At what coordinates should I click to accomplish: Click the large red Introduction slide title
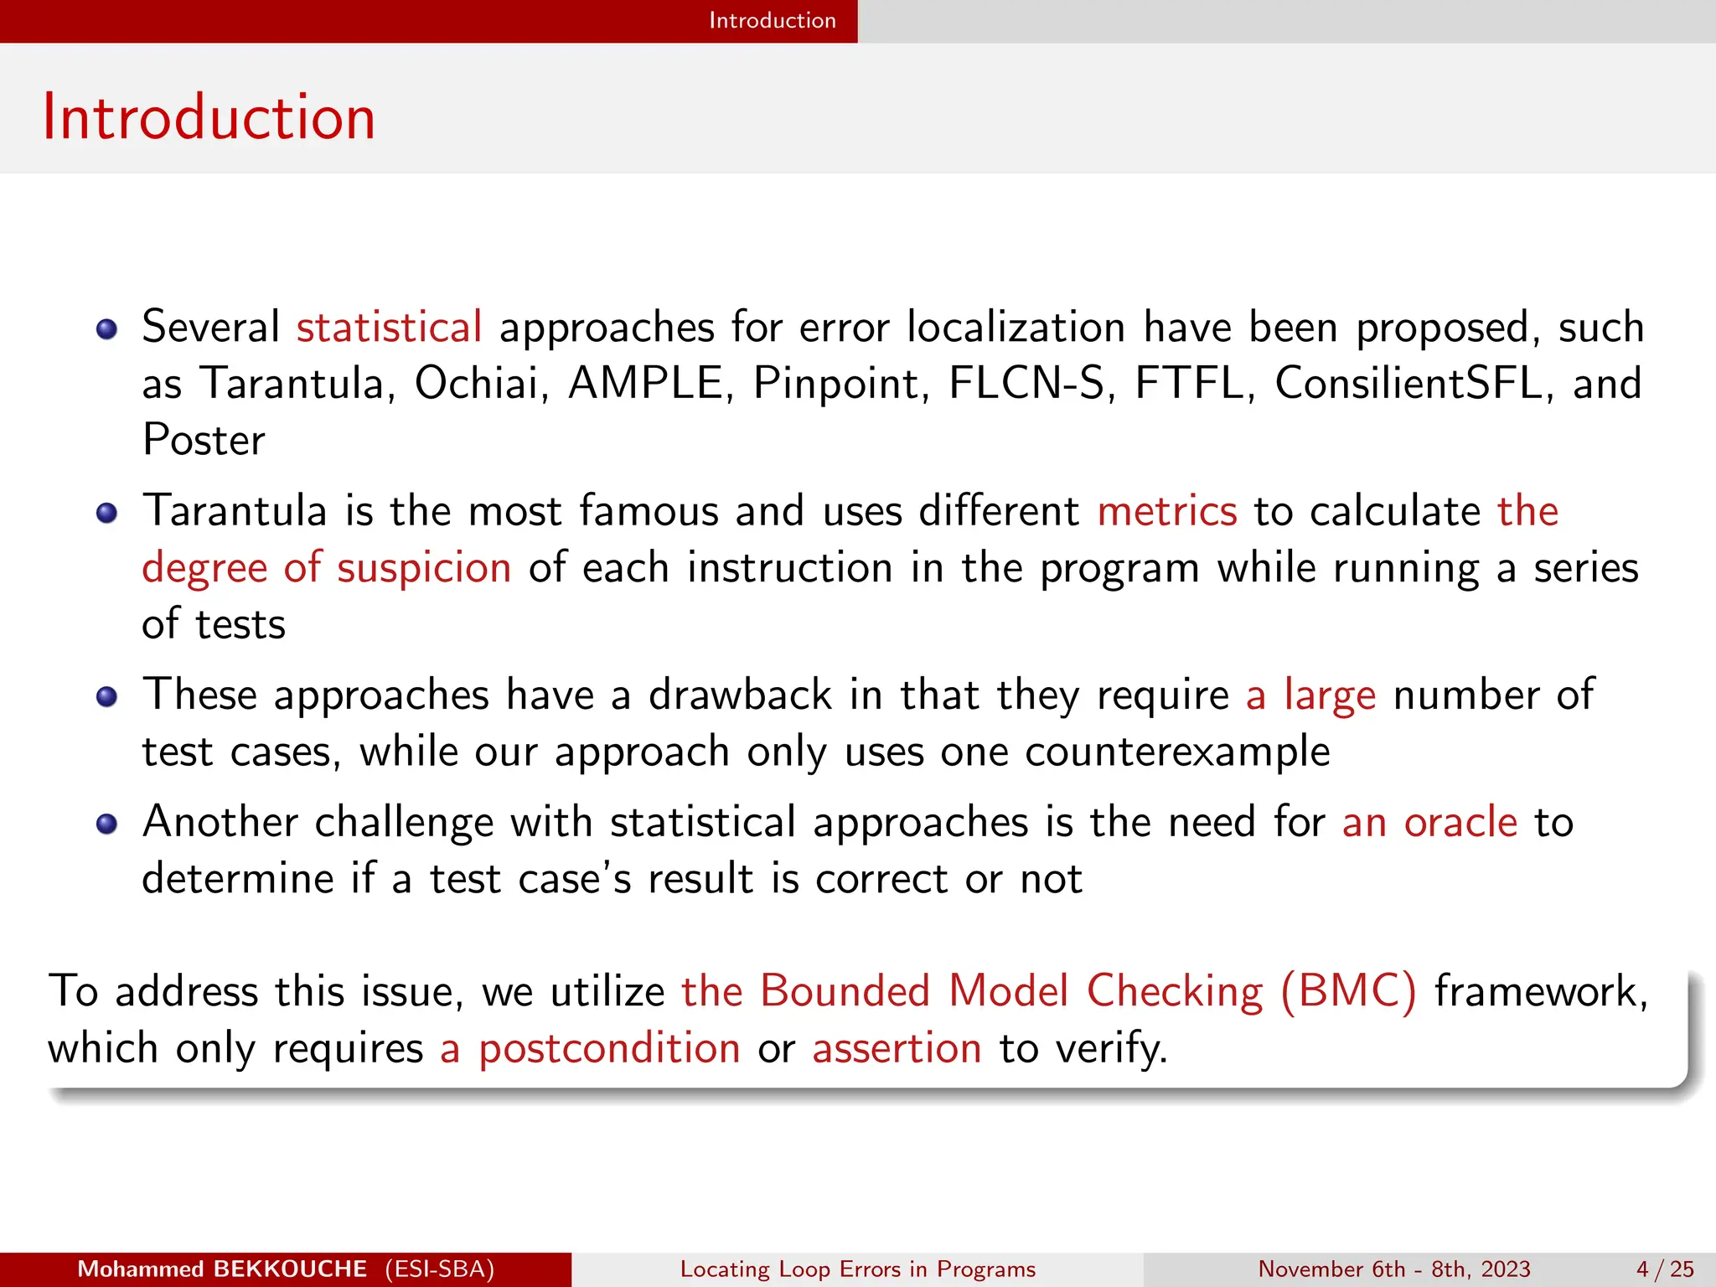click(209, 117)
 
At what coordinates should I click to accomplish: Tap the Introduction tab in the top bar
click(772, 20)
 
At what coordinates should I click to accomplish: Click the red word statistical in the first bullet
click(389, 327)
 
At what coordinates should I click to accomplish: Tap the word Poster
click(204, 441)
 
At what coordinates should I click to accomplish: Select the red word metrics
click(1167, 511)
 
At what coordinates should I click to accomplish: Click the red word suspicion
click(424, 568)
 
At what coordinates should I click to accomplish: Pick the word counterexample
click(1177, 752)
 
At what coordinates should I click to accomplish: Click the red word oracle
click(1460, 822)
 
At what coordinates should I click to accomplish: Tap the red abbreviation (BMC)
click(1348, 991)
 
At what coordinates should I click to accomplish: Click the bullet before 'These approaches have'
click(106, 697)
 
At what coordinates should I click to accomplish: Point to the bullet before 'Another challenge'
click(106, 824)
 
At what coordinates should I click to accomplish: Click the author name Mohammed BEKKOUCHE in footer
click(222, 1269)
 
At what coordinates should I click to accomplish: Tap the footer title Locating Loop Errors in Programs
click(858, 1269)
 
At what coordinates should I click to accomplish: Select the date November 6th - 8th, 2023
click(1394, 1269)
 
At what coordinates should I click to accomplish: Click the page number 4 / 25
click(1666, 1269)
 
